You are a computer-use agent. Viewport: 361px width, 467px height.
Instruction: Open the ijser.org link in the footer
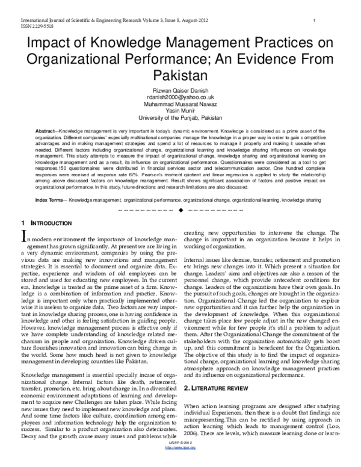click(180, 461)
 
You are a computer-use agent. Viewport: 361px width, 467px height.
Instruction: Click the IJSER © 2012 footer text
click(180, 456)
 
